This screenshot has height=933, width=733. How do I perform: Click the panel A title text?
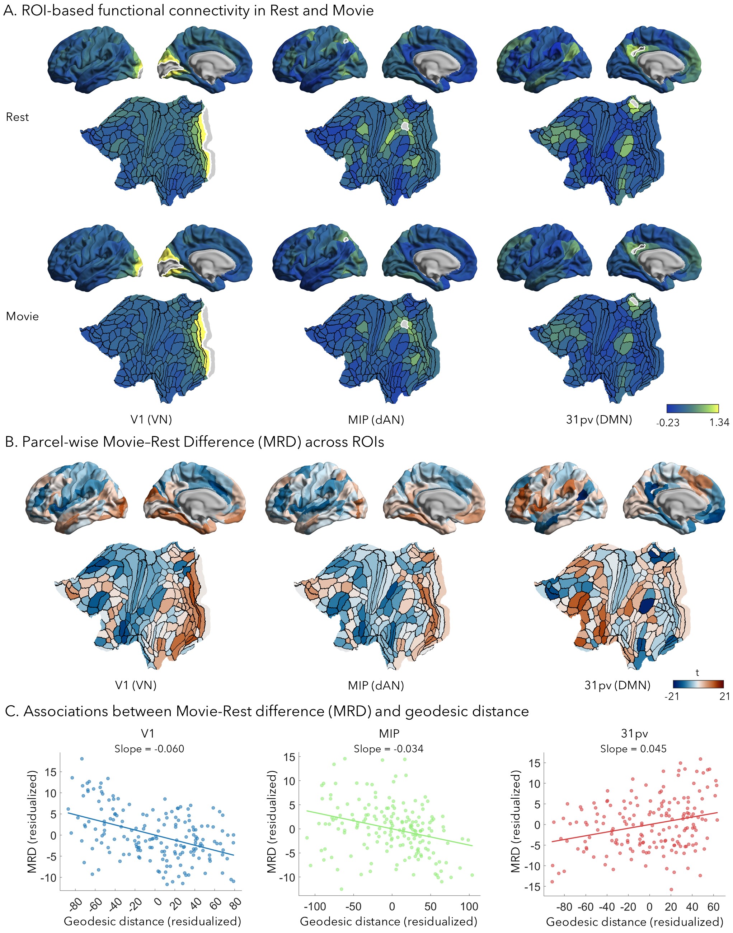click(x=188, y=10)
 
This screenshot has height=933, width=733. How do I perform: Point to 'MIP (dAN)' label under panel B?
click(x=376, y=685)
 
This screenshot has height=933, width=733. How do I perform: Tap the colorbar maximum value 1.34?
click(x=719, y=423)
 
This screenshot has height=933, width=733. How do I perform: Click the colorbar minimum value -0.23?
click(x=667, y=423)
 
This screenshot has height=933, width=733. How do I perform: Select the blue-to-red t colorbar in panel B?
click(x=698, y=684)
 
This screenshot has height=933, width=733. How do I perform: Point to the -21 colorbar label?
click(x=672, y=696)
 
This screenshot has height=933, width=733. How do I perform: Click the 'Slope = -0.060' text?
click(x=149, y=749)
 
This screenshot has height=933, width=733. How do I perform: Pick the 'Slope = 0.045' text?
click(x=633, y=749)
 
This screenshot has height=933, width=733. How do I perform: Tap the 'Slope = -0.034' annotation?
click(x=389, y=749)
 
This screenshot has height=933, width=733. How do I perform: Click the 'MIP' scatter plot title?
click(x=389, y=733)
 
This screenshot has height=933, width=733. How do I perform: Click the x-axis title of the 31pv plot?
click(x=634, y=922)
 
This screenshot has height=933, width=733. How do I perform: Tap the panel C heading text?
click(x=267, y=711)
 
